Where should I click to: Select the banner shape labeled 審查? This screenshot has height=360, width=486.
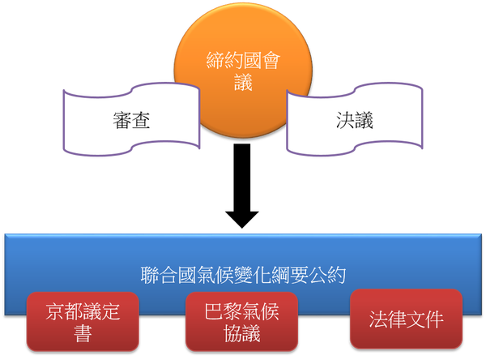tap(131, 119)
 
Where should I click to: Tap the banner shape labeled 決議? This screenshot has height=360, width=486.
tap(355, 119)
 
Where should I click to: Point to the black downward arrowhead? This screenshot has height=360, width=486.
tap(242, 220)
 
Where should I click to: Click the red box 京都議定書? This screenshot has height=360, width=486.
tap(83, 322)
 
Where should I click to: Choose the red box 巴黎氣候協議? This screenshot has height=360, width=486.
tap(241, 322)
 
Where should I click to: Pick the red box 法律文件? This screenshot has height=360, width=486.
tap(406, 319)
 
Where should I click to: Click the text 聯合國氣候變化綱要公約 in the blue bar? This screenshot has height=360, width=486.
tap(243, 276)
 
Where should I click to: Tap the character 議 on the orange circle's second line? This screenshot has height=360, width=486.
tap(243, 82)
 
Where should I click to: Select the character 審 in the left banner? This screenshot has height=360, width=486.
tap(122, 121)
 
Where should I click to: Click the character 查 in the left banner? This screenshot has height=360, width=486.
tap(141, 121)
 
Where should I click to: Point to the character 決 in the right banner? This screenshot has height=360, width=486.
tap(345, 121)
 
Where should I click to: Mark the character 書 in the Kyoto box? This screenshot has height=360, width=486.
tap(83, 333)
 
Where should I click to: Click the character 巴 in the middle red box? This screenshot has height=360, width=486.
tap(214, 311)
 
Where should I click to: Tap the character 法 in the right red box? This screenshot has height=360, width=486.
tap(378, 319)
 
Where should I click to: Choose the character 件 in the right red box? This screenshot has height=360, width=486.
tap(434, 319)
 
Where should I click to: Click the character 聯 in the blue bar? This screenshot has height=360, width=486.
tap(150, 276)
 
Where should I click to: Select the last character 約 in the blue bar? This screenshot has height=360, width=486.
tap(337, 276)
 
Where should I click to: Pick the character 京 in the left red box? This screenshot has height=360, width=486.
tap(55, 311)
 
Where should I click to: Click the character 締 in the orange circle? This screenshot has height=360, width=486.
tap(215, 60)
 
